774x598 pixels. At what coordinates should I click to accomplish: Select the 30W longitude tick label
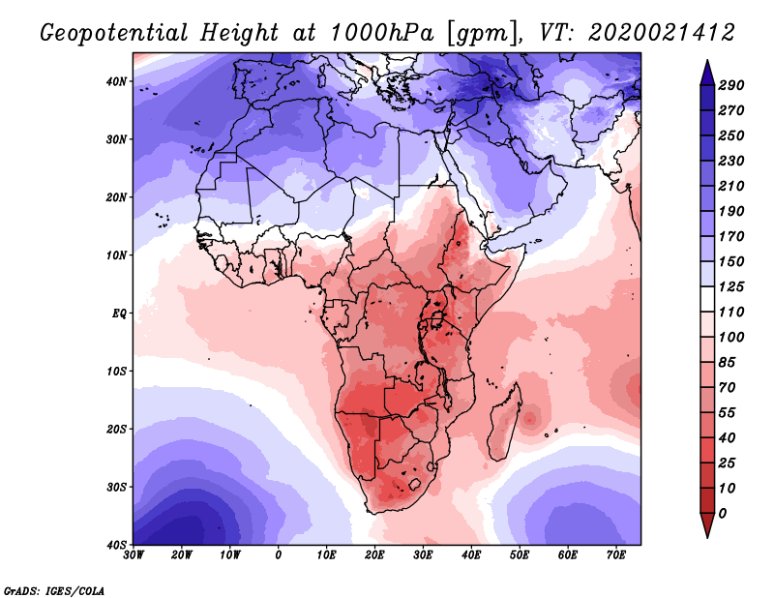[134, 554]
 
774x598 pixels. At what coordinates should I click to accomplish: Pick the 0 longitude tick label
[279, 554]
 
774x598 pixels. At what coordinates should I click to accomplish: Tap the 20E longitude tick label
[374, 554]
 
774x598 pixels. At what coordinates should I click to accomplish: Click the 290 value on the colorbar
[730, 86]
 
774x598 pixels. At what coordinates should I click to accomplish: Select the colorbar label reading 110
[730, 313]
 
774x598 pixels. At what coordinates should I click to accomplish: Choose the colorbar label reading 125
[730, 287]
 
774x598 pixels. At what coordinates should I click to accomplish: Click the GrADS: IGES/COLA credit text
[54, 589]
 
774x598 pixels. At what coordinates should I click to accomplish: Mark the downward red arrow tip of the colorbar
[706, 531]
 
